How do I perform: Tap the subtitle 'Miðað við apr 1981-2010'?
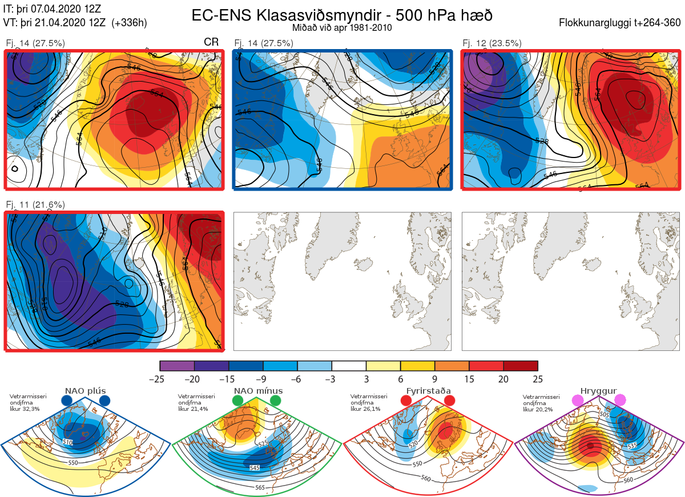341,28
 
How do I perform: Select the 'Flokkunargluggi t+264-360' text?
621,23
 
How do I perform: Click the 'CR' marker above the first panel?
211,43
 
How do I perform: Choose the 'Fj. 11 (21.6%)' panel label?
35,204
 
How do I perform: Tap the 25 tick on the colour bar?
538,379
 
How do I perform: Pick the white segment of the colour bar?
349,366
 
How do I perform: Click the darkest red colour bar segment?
521,366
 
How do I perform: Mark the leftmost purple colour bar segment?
177,366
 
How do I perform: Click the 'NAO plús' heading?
85,391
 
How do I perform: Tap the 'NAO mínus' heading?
258,391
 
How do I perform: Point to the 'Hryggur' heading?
599,391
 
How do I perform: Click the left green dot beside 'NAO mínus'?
237,401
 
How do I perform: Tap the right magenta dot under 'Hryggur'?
620,401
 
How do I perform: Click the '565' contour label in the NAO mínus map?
260,487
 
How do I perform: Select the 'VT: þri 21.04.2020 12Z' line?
75,23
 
